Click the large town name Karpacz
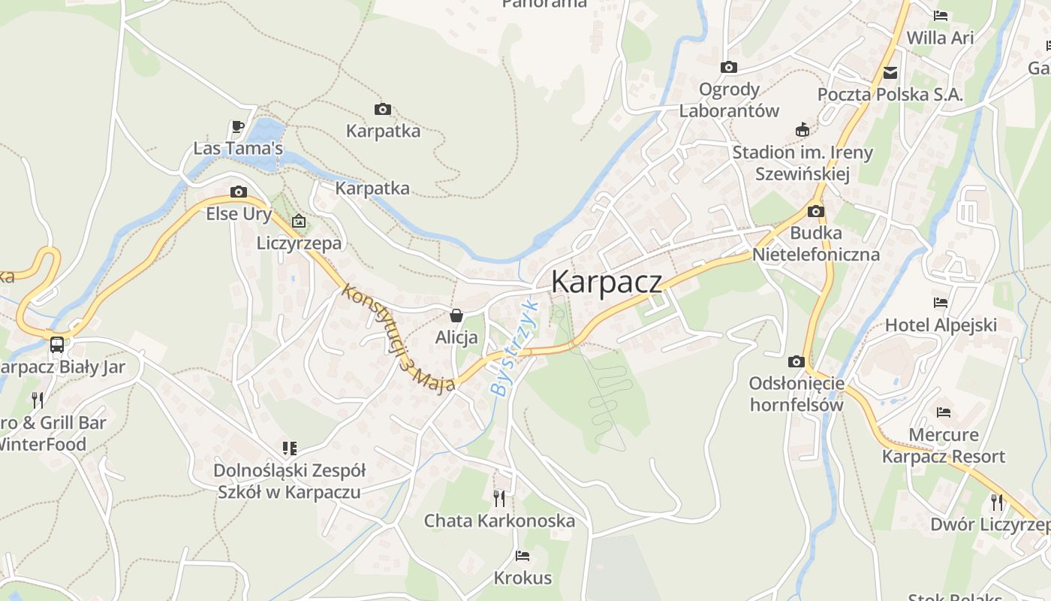607,282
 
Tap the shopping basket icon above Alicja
456,316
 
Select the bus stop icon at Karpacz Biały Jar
57,345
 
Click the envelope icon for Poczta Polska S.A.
890,73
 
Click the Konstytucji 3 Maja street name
398,337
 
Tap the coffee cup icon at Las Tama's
238,126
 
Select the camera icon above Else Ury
239,192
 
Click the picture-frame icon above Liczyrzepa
299,221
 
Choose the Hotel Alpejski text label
941,325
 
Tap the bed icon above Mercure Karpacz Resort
944,412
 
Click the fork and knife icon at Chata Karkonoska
499,498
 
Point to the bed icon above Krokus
522,556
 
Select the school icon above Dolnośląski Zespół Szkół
289,448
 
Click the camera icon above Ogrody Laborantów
728,68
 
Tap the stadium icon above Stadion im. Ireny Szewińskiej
803,130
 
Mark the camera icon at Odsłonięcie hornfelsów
797,362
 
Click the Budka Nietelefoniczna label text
816,243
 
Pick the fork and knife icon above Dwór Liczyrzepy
997,502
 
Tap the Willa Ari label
940,38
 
